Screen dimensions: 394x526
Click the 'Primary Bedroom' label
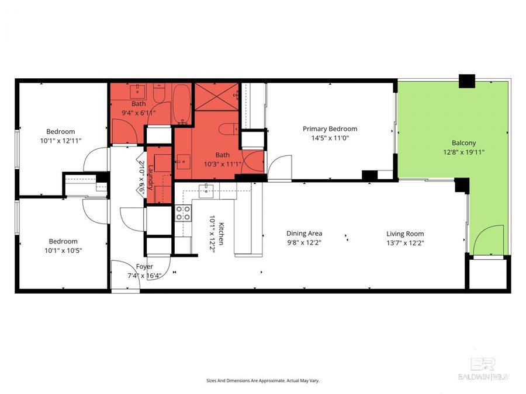330,129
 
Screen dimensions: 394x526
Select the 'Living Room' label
405,233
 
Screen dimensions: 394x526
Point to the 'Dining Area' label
304,233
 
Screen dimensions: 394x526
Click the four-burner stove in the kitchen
184,213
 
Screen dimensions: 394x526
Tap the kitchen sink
206,189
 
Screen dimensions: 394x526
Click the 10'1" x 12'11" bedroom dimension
61,141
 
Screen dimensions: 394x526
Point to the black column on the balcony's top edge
467,81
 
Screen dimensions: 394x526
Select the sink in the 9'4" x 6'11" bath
139,90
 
